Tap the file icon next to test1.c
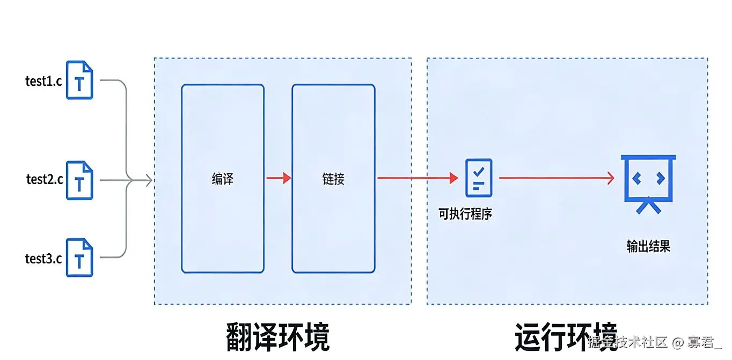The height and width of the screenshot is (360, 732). [79, 80]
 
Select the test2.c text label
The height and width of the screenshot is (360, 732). [45, 179]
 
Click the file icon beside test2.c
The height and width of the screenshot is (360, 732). [79, 181]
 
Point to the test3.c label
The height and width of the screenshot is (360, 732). [43, 259]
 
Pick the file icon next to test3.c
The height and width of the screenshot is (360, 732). [79, 258]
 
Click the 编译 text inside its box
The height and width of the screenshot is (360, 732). [222, 179]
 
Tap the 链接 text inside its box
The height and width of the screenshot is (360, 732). [333, 179]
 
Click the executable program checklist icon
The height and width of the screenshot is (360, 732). [478, 178]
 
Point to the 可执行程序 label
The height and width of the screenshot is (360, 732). [465, 215]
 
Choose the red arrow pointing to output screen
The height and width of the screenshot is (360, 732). [556, 178]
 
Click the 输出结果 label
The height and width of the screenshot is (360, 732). [648, 246]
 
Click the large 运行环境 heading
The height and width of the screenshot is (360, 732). [566, 337]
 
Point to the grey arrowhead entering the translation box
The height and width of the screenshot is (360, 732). [149, 180]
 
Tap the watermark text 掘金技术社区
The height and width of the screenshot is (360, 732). [627, 342]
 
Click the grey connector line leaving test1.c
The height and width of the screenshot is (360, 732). [113, 81]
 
